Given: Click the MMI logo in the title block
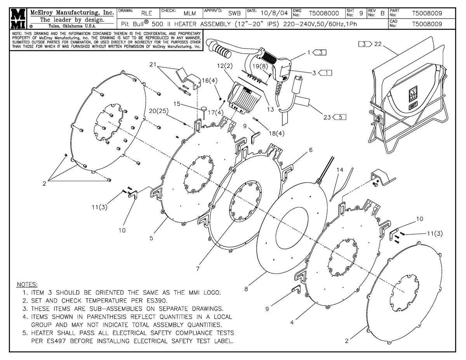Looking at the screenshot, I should (x=18, y=18).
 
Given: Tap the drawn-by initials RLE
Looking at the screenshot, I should (x=146, y=13).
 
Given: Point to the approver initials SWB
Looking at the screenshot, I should (x=234, y=13).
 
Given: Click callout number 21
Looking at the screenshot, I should (x=153, y=64).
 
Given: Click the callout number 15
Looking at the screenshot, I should (x=177, y=104).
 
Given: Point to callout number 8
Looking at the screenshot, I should (x=246, y=289).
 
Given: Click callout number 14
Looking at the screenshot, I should (x=340, y=170).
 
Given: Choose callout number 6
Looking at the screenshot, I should (x=311, y=150).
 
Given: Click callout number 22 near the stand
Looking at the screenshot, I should (x=378, y=44).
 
